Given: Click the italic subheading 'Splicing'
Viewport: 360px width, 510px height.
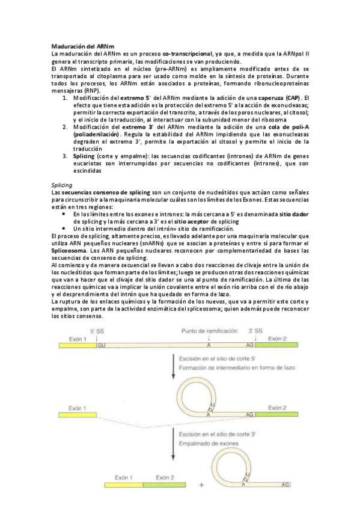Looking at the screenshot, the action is (63, 185).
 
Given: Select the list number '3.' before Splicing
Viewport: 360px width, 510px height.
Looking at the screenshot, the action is (66, 156).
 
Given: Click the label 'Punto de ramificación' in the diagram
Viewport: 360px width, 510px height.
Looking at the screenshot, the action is (209, 332).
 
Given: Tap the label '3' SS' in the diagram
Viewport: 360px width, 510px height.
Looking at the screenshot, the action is (255, 332).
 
